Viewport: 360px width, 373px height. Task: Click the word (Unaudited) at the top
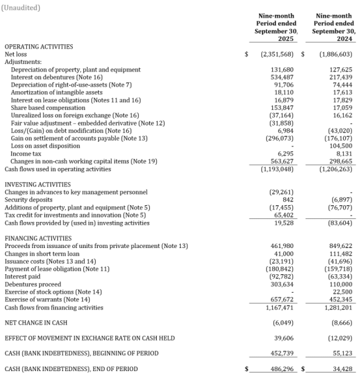[22, 7]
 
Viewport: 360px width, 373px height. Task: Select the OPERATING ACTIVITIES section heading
[39, 47]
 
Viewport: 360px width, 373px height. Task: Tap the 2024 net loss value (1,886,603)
[336, 54]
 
